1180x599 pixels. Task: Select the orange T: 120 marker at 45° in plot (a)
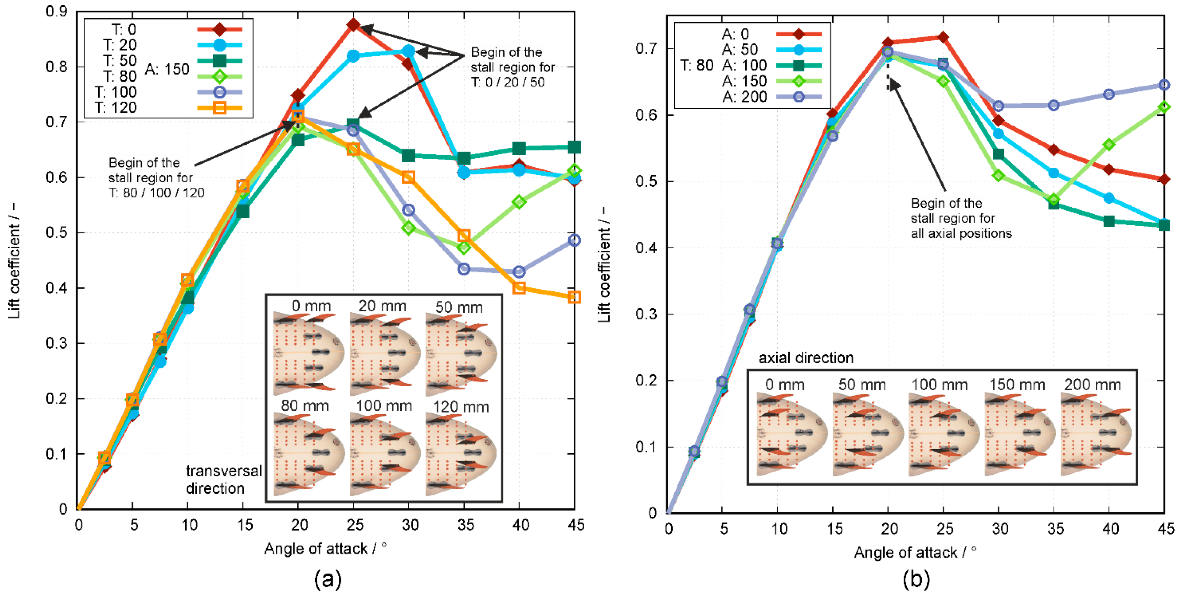click(x=574, y=297)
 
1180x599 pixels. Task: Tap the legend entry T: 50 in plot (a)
click(x=120, y=61)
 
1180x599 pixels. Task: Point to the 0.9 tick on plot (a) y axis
click(x=56, y=11)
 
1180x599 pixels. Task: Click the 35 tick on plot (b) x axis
click(x=1055, y=529)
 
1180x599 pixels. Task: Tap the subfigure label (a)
click(x=328, y=579)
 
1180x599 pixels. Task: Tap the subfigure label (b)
click(x=916, y=579)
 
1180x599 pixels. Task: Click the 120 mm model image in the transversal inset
click(x=460, y=454)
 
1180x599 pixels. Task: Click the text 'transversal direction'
click(x=224, y=479)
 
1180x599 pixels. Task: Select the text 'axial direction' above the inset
click(x=806, y=357)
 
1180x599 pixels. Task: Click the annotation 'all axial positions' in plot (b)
click(x=961, y=233)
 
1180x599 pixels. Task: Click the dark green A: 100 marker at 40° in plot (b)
click(x=1109, y=221)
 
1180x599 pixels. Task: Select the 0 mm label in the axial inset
click(x=785, y=385)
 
